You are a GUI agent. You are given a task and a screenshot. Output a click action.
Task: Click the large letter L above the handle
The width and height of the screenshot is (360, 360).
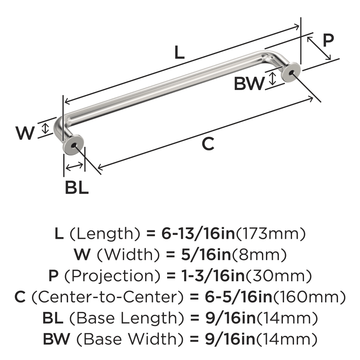(x=179, y=52)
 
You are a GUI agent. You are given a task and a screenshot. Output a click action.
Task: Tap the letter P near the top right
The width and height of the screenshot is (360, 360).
(x=328, y=40)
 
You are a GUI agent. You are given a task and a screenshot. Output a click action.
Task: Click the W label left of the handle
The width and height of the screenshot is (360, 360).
(x=25, y=133)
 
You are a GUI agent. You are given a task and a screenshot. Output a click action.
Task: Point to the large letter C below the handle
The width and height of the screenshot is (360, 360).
(x=208, y=144)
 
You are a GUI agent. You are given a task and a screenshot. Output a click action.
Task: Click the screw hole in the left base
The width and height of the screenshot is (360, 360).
(x=74, y=146)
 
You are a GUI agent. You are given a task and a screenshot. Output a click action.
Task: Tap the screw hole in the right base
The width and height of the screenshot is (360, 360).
(x=291, y=73)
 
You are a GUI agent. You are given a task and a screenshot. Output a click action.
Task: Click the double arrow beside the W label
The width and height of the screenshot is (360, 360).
(x=46, y=128)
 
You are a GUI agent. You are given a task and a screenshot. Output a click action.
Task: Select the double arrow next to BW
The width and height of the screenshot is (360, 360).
(x=272, y=78)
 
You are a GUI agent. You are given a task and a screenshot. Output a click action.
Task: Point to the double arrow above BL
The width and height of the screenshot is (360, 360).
(x=74, y=166)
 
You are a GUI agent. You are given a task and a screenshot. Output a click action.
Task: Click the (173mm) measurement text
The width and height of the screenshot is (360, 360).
(x=271, y=234)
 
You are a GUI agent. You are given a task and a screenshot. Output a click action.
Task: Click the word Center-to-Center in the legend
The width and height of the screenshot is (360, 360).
(x=108, y=297)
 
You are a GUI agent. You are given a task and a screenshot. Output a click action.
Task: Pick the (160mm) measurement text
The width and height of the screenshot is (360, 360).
(x=309, y=297)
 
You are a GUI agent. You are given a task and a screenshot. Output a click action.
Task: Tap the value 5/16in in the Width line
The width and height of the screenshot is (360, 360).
(x=206, y=255)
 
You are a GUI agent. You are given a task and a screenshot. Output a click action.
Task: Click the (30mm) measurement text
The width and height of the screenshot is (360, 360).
(x=279, y=276)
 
